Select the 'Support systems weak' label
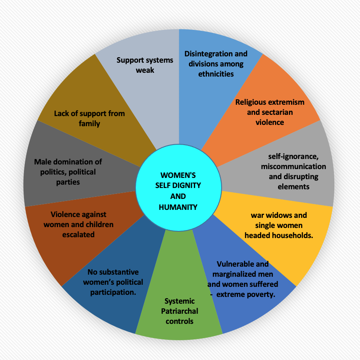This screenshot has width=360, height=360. pos(145,65)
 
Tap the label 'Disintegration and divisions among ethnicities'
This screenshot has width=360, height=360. pos(216,64)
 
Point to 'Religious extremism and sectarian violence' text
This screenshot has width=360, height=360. pos(270,112)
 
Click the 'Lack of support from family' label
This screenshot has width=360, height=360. pos(89,119)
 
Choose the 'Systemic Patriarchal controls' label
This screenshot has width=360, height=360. pos(180,311)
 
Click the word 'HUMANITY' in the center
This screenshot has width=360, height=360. pos(178,207)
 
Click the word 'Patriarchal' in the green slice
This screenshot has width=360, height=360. pos(180,311)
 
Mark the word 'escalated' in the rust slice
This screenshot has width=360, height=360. pos(78,235)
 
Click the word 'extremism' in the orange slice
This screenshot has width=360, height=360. pos(288,102)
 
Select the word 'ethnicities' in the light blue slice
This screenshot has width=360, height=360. pos(216,74)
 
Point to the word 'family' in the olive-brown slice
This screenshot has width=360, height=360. pos(89,124)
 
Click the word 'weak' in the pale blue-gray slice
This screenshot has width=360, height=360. pos(145,70)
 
